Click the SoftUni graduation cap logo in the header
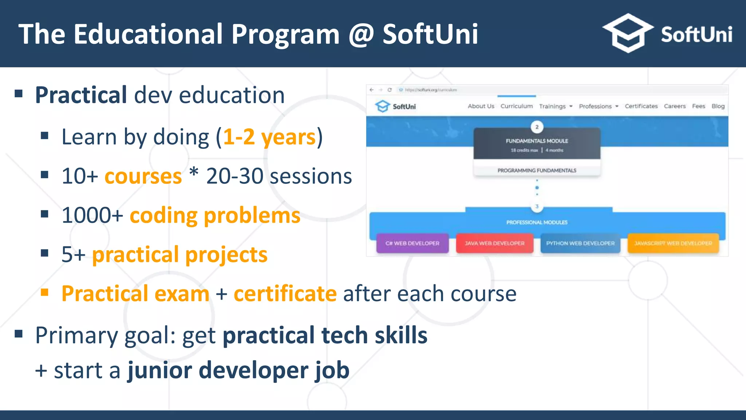click(627, 34)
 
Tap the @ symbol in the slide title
click(361, 34)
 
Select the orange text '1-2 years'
click(270, 137)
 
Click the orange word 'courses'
click(143, 176)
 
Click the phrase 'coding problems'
click(215, 215)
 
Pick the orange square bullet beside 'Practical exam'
click(44, 292)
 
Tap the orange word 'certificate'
click(285, 294)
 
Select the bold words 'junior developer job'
click(239, 370)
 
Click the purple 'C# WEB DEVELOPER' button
click(412, 243)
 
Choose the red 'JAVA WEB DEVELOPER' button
click(495, 243)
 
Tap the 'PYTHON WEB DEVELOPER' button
click(580, 243)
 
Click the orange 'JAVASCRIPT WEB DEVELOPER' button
click(673, 243)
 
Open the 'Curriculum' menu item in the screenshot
click(517, 106)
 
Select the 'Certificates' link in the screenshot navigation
click(641, 106)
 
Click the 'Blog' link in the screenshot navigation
click(718, 106)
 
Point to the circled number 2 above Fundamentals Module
click(537, 127)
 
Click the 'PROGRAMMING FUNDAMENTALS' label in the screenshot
click(537, 170)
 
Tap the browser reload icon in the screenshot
click(389, 90)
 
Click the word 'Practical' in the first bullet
click(81, 96)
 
